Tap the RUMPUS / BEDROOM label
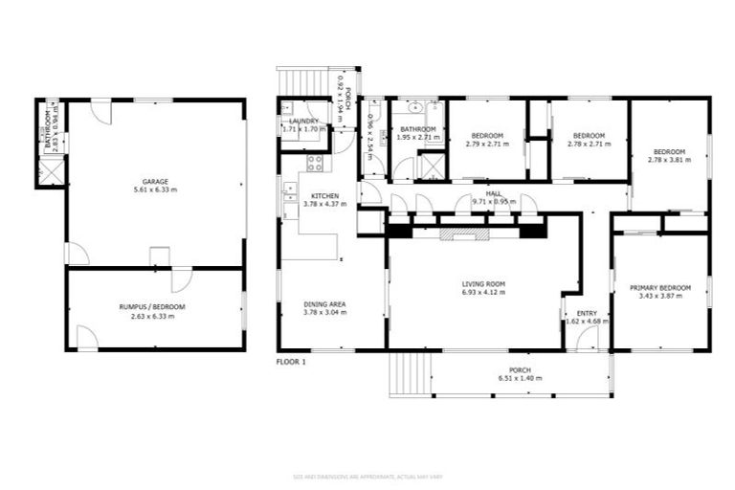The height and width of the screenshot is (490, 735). (152, 306)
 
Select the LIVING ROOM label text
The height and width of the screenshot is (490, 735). (483, 284)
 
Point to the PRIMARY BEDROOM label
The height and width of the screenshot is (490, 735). (660, 287)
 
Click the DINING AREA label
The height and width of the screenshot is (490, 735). (323, 304)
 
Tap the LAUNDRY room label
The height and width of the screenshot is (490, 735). (303, 121)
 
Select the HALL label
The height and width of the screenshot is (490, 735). (494, 193)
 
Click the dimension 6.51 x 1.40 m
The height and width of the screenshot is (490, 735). (519, 379)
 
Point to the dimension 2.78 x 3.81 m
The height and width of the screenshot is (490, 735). (669, 160)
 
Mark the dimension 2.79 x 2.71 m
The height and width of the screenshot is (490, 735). (486, 145)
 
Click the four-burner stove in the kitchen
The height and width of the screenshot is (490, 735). (315, 163)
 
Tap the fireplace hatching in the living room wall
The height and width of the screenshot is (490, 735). (464, 232)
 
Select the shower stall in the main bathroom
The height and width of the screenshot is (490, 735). (432, 167)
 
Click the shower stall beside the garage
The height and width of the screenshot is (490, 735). (49, 172)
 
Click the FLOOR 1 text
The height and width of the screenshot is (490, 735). (291, 363)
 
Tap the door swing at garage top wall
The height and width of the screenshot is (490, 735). (100, 113)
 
